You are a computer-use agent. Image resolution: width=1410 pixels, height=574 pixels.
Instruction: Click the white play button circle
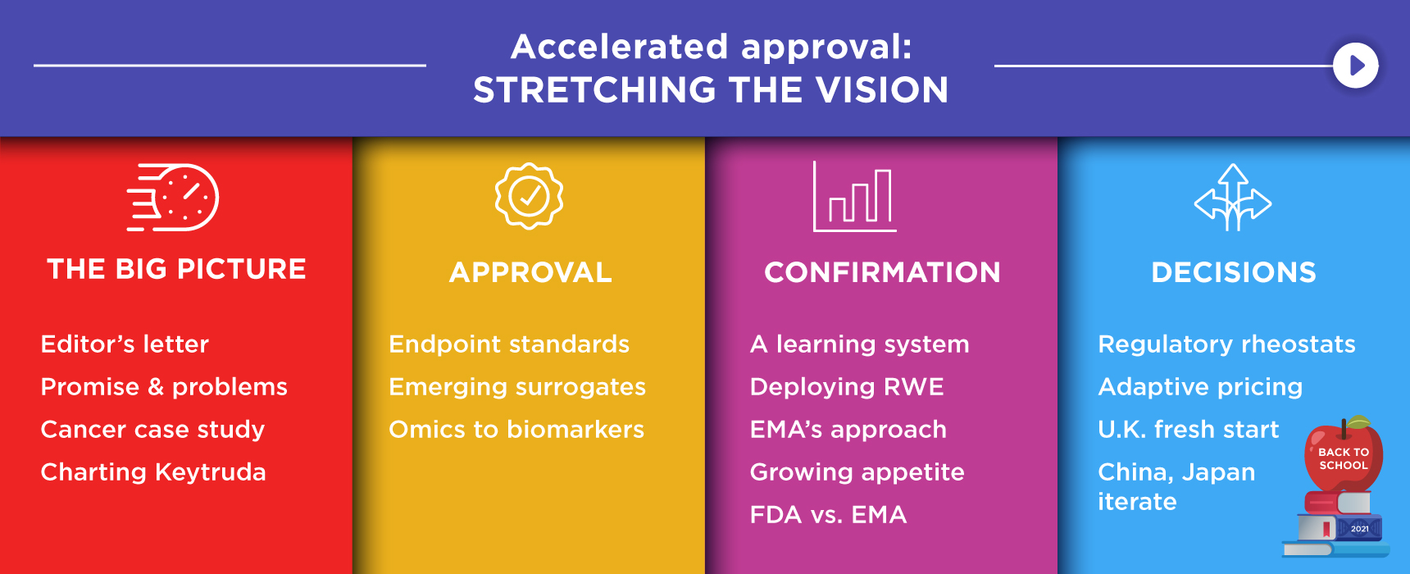pos(1355,66)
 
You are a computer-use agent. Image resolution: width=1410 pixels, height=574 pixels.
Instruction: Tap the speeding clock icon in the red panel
pos(174,198)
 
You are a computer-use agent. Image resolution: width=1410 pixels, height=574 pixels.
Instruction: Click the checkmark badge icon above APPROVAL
pos(529,196)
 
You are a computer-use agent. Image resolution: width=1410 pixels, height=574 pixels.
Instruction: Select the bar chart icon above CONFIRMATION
pos(854,198)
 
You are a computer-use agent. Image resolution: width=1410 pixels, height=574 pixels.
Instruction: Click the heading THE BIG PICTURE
pos(176,269)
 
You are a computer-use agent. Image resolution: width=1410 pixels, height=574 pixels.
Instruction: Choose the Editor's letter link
pos(125,344)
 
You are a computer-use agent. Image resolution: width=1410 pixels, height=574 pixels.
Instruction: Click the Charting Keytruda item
pos(153,471)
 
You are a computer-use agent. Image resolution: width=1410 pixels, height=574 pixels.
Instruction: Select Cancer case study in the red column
pos(152,429)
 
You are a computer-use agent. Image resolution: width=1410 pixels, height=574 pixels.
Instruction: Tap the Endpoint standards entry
pos(509,344)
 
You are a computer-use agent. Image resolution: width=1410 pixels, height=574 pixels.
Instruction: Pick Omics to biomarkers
pos(516,429)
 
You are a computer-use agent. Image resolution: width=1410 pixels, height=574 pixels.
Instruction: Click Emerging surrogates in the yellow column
pos(517,386)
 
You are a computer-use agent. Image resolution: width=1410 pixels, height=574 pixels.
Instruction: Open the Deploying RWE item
pos(847,386)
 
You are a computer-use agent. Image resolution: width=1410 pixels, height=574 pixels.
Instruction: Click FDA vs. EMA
pos(828,514)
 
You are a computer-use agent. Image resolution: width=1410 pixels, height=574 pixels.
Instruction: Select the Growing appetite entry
pos(857,471)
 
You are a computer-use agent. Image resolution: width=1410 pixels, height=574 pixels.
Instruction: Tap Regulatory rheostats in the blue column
pos(1226,344)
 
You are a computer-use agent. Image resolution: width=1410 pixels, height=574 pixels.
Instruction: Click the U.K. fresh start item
pos(1188,429)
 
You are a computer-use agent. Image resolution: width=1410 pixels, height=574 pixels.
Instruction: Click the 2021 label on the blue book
pos(1359,529)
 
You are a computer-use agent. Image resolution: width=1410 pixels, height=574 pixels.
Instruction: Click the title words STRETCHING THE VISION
pos(711,90)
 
